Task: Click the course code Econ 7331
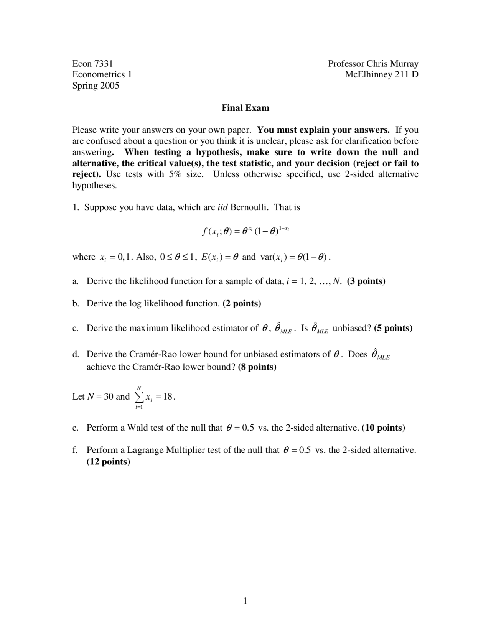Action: [x=92, y=63]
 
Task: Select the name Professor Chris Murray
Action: [x=373, y=63]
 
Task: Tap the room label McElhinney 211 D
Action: [x=381, y=74]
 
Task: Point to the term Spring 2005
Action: [x=96, y=86]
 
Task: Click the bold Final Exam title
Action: [x=245, y=108]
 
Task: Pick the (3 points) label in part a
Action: [x=366, y=281]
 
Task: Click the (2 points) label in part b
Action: [x=242, y=303]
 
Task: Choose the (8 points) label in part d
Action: [x=257, y=367]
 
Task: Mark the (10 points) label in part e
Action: [x=383, y=428]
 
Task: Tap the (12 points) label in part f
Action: [x=108, y=461]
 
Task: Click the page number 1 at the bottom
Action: [x=245, y=601]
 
